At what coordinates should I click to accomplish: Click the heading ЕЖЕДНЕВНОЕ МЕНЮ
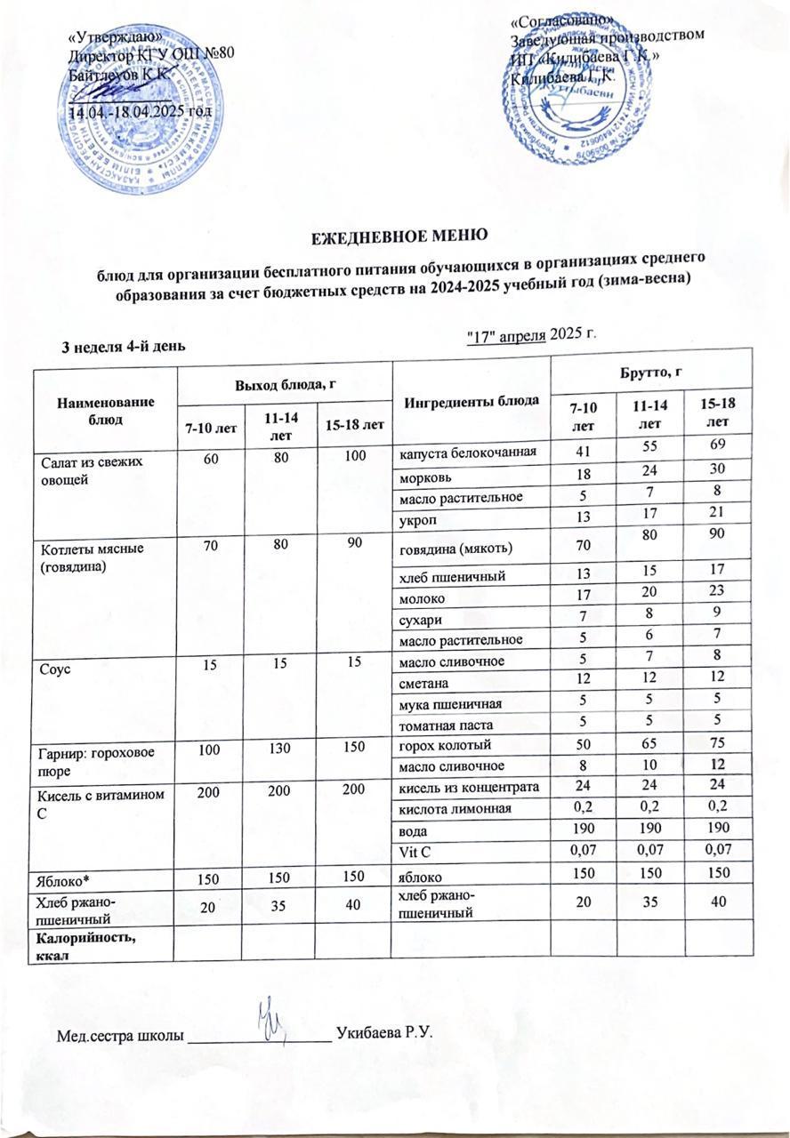tap(397, 236)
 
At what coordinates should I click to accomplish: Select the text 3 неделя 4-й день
tap(123, 346)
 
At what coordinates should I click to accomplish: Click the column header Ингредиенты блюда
tap(459, 400)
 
